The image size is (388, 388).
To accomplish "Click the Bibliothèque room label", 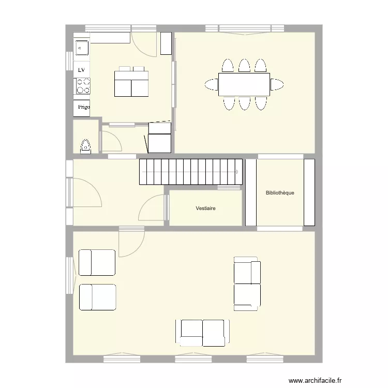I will (279, 193).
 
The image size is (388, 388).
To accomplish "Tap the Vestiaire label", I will (205, 208).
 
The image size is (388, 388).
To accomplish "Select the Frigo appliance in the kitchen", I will (82, 108).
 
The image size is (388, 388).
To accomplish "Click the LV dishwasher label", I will (81, 69).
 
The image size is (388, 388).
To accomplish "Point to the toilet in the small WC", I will (85, 146).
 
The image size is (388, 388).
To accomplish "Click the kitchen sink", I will (81, 48).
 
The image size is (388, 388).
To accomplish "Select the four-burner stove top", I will (82, 85).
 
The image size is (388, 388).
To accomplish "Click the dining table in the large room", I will (244, 84).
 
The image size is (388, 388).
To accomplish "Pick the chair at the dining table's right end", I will (277, 84).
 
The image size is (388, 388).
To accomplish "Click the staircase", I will (190, 171).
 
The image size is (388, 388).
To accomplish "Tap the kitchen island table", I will (131, 83).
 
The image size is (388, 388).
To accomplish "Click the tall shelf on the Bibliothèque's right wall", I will (309, 192).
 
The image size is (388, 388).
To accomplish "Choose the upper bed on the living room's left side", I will (97, 262).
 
